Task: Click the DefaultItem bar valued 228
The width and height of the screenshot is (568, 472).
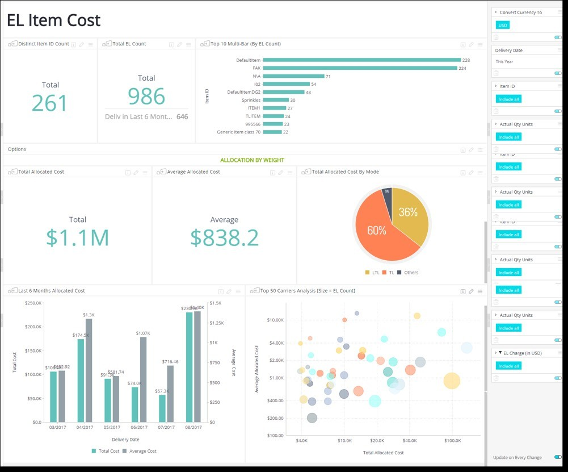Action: pyautogui.click(x=361, y=60)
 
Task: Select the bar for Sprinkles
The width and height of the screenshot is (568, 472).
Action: pyautogui.click(x=275, y=100)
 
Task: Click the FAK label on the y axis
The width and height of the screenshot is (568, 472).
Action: pyautogui.click(x=256, y=68)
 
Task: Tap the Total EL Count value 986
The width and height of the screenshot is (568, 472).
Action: pyautogui.click(x=146, y=97)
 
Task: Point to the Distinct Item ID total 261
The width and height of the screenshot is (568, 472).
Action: pyautogui.click(x=50, y=103)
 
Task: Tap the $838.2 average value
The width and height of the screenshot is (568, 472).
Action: pyautogui.click(x=224, y=237)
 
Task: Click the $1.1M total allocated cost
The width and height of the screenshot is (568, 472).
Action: pyautogui.click(x=78, y=237)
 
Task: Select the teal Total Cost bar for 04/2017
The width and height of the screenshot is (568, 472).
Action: pyautogui.click(x=81, y=380)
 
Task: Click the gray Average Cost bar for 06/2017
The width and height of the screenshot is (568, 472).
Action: pyautogui.click(x=143, y=379)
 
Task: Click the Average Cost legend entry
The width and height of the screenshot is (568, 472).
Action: pyautogui.click(x=141, y=451)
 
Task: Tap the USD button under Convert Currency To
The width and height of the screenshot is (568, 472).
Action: pyautogui.click(x=503, y=25)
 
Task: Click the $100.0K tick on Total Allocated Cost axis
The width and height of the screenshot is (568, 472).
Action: pyautogui.click(x=452, y=440)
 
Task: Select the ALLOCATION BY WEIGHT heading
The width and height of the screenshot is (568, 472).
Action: pyautogui.click(x=252, y=160)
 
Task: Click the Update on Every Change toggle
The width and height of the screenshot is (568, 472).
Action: pyautogui.click(x=558, y=457)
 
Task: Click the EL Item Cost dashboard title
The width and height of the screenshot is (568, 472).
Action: pyautogui.click(x=54, y=21)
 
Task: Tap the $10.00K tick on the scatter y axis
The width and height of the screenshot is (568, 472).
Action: pyautogui.click(x=275, y=320)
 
